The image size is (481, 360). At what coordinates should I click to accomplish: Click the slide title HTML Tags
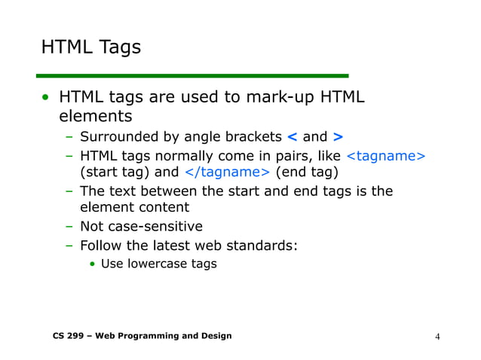click(x=90, y=47)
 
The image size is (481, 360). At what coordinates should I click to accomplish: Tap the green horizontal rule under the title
click(x=192, y=75)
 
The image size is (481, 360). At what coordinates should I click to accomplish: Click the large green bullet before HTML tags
click(x=47, y=99)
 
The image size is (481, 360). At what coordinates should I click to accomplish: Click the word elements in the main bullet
click(x=96, y=117)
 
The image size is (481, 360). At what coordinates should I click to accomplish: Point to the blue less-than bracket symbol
click(x=292, y=137)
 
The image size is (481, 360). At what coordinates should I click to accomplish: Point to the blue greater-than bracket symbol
click(x=338, y=137)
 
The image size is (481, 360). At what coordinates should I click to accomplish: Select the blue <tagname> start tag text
click(x=385, y=156)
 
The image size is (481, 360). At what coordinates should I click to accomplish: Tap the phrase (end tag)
click(x=307, y=173)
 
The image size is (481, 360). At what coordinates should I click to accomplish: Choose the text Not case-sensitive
click(x=141, y=226)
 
